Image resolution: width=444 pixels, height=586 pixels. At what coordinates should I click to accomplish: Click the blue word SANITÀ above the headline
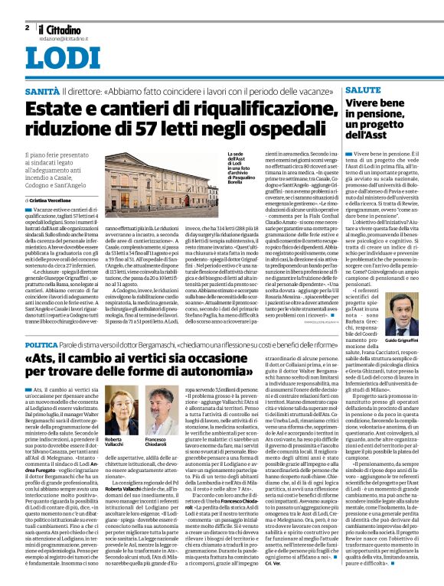pos(44,91)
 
